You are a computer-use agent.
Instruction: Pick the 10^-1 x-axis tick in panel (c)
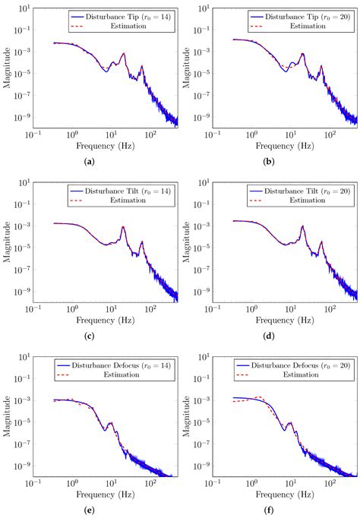[33, 309]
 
